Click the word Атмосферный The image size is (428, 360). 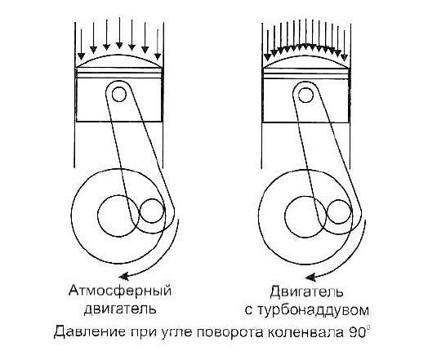[x=120, y=291]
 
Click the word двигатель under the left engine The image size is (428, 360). [x=120, y=309]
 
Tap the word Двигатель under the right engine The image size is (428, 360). [x=306, y=292]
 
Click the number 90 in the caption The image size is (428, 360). [x=357, y=332]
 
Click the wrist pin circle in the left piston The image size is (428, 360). [x=119, y=95]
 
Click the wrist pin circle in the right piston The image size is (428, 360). [x=305, y=96]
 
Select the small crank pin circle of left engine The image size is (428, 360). [x=152, y=211]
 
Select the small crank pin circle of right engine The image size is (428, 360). [x=339, y=212]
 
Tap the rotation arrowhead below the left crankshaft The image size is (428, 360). [x=124, y=276]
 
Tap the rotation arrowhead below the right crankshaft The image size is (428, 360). [x=310, y=278]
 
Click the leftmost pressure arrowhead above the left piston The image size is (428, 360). [x=81, y=56]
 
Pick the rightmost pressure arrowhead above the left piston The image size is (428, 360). [x=158, y=56]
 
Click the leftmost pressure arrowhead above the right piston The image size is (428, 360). [x=268, y=57]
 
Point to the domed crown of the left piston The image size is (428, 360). [x=119, y=61]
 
